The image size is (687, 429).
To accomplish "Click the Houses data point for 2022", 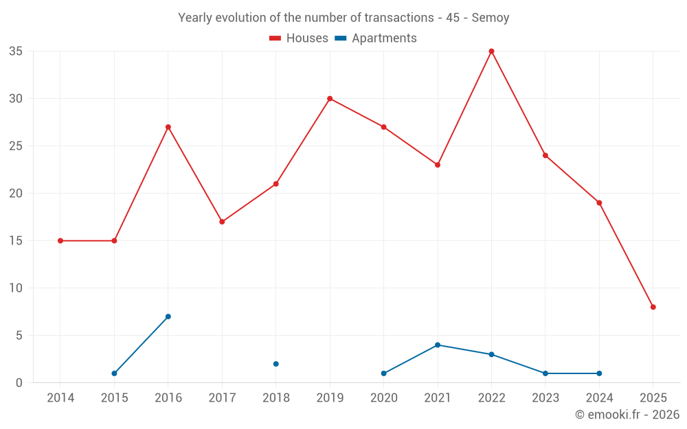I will coord(491,51).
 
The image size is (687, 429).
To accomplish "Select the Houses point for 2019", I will coord(330,99).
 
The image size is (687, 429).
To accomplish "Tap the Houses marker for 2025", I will coord(653,307).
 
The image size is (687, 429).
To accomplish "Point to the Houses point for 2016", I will coord(168,127).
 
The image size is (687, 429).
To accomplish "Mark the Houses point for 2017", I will coord(222,222).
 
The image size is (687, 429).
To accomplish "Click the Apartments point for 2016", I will coord(168,316).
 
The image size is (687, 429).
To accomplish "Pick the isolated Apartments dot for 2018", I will coord(275,364).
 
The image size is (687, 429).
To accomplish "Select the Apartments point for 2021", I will coord(438,345).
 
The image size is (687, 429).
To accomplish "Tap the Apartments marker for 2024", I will coord(599,373).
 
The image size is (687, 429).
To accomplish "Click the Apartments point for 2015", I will coord(114,373).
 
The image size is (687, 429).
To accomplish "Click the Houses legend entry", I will coord(299,38).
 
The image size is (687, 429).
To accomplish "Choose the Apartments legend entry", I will coord(376,38).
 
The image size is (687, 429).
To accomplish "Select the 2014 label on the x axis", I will coord(60,398).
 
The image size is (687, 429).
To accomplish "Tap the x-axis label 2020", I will coord(383,398).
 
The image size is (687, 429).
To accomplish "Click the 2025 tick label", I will coord(653,398).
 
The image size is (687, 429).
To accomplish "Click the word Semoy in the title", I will coord(491,18).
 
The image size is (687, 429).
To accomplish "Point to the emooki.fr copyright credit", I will coord(627,415).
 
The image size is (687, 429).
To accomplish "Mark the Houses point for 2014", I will coord(60,241).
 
